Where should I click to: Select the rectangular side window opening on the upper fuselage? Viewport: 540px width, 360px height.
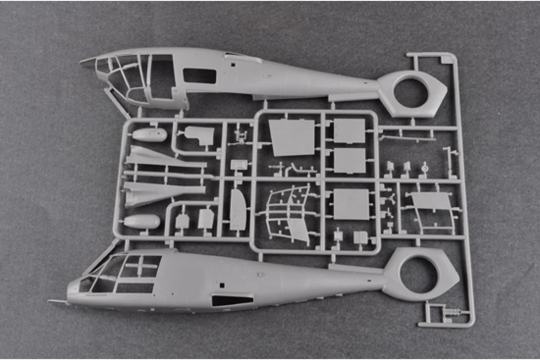199,76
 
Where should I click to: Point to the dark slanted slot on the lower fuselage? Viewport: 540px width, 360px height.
232,300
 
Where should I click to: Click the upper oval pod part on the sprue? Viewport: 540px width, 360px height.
150,135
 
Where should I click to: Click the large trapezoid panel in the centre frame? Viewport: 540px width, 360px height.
292,137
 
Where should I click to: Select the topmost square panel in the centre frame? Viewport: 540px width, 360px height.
349,130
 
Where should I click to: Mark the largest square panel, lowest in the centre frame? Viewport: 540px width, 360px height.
351,203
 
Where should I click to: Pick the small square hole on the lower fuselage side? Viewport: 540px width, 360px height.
222,285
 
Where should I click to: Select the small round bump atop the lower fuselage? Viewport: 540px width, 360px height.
261,274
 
